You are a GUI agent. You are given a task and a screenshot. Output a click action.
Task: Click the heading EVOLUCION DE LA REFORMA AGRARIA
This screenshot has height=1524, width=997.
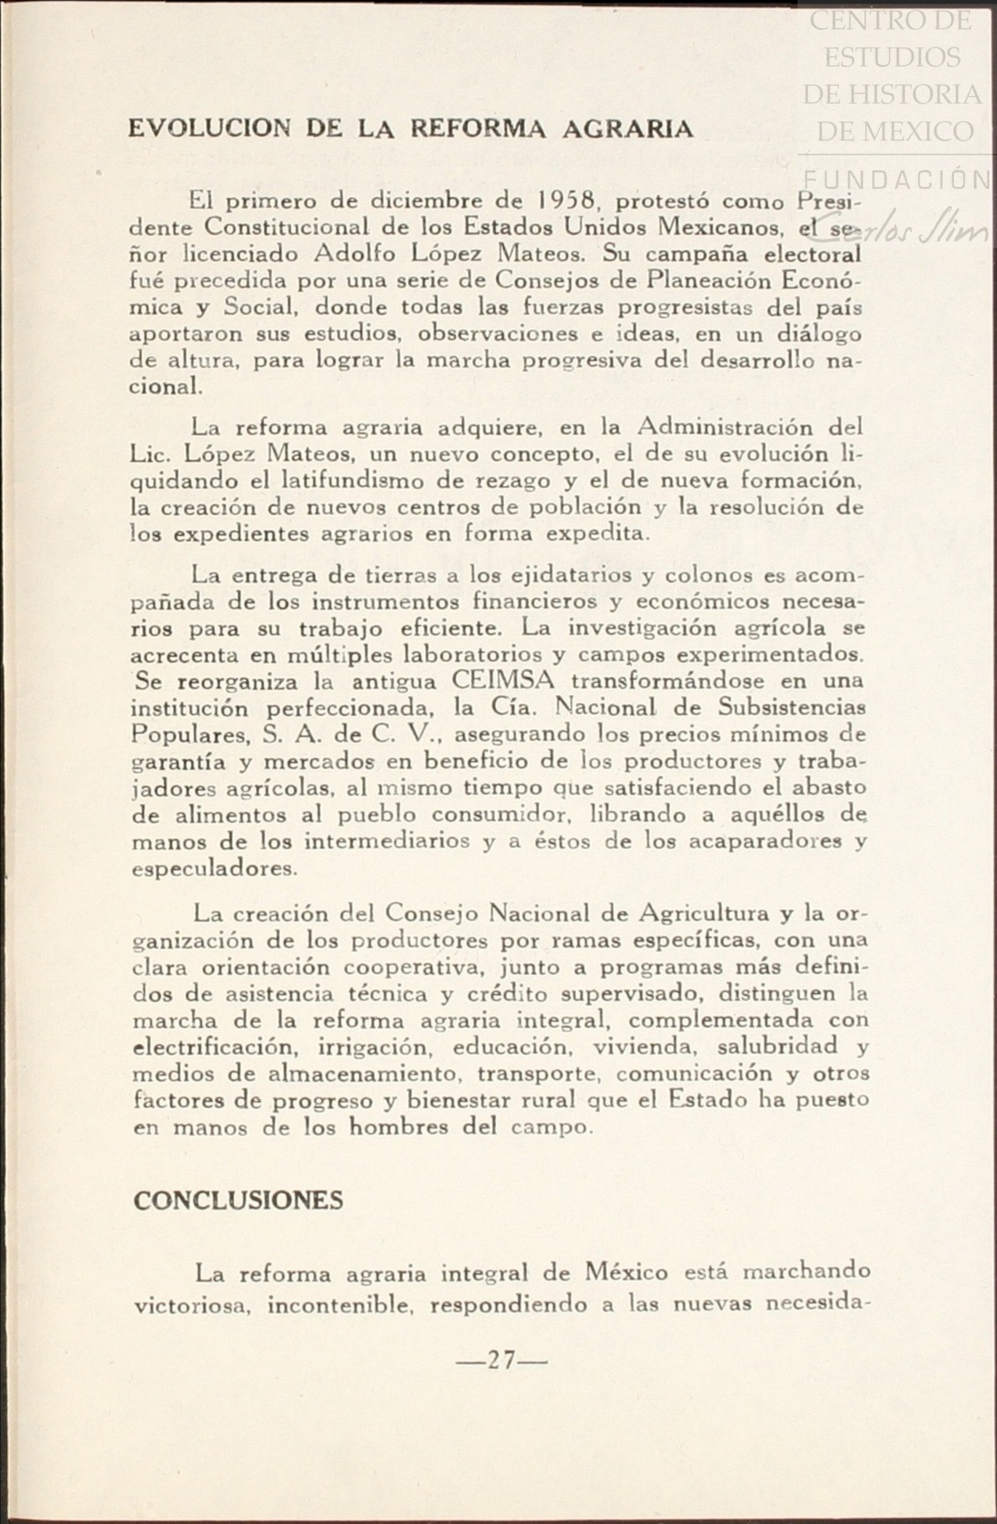[x=410, y=129]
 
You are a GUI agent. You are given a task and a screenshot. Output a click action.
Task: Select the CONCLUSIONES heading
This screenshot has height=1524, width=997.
[x=238, y=1201]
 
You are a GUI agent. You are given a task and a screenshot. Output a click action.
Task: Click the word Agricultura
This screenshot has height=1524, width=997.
[x=712, y=913]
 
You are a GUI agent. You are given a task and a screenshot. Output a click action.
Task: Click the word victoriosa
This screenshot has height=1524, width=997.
[x=192, y=1306]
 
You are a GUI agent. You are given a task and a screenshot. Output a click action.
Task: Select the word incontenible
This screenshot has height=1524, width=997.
[x=341, y=1306]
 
